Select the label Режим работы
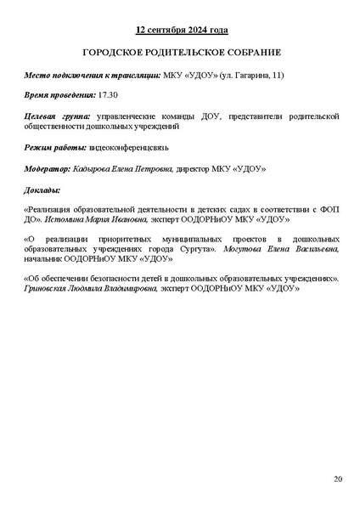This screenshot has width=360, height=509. [56, 147]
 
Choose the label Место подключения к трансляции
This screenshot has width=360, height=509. [92, 74]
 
